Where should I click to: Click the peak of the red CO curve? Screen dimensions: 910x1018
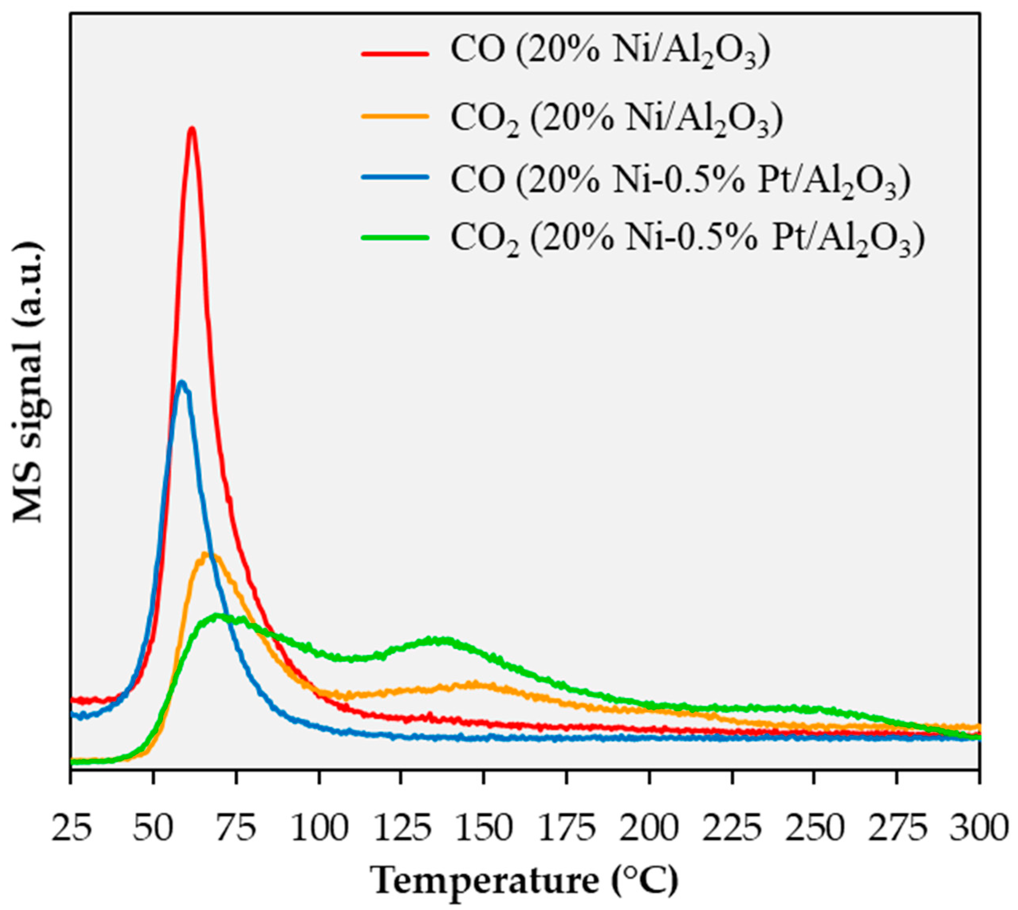coord(191,129)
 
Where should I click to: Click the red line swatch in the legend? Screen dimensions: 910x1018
coord(395,53)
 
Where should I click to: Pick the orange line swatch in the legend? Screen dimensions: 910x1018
coord(395,116)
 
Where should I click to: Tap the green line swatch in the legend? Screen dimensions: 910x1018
coord(395,237)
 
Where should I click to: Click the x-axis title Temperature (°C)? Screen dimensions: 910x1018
coord(524,878)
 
